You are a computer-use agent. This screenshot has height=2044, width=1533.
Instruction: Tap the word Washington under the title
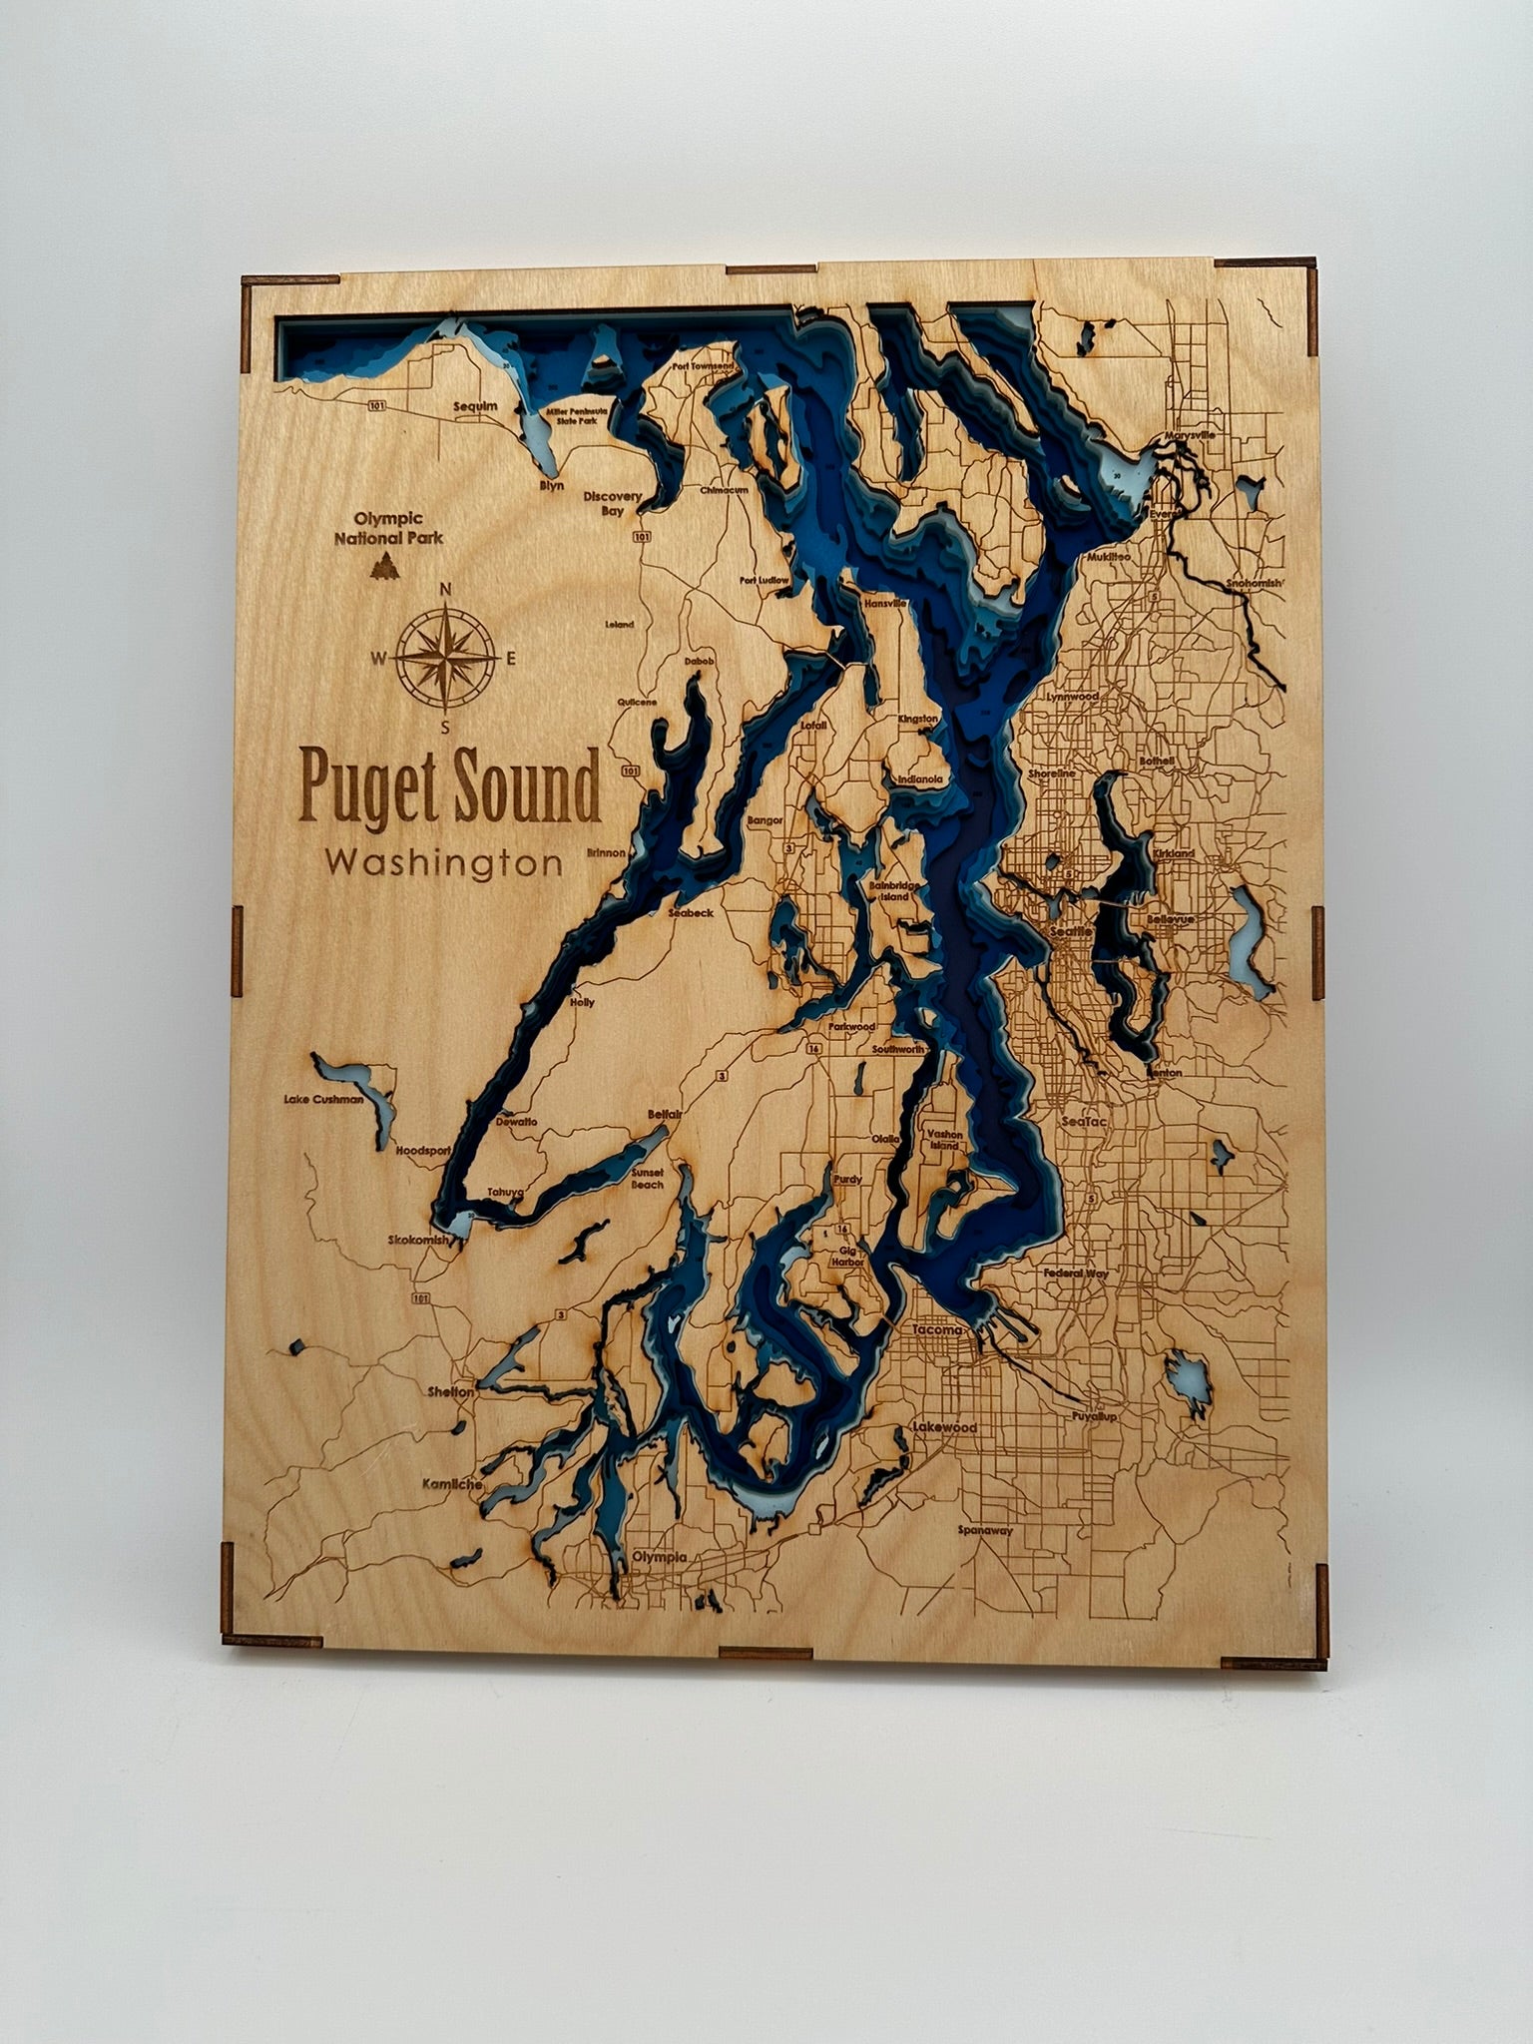(444, 862)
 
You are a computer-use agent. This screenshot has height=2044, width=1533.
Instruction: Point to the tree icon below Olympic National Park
(381, 567)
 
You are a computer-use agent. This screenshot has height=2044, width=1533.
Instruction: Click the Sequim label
(475, 406)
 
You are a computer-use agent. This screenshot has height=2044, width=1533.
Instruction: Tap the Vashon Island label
(944, 1140)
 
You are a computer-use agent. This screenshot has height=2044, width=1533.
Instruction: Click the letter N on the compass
(447, 588)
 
